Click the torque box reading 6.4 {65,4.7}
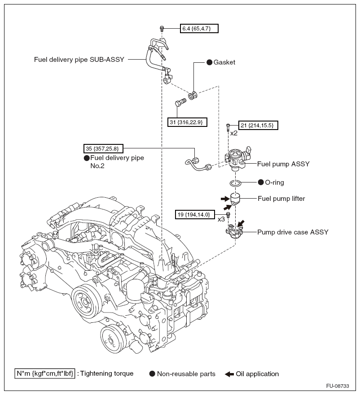[x=199, y=28]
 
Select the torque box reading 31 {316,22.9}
[x=187, y=122]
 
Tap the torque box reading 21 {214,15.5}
[x=259, y=125]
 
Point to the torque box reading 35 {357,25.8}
[x=103, y=148]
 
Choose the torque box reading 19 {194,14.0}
[x=195, y=215]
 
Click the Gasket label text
[x=224, y=62]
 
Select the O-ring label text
[x=274, y=182]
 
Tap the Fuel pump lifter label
[x=281, y=199]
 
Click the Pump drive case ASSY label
[x=293, y=232]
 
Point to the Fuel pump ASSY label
[x=283, y=164]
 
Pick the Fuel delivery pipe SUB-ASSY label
[x=79, y=60]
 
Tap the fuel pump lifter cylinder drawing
[x=235, y=199]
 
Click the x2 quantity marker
[x=234, y=133]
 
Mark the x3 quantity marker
[x=221, y=219]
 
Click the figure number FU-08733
[x=338, y=386]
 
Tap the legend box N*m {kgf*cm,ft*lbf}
[x=44, y=373]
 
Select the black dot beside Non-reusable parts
[x=152, y=373]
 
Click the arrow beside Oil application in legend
[x=229, y=374]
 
